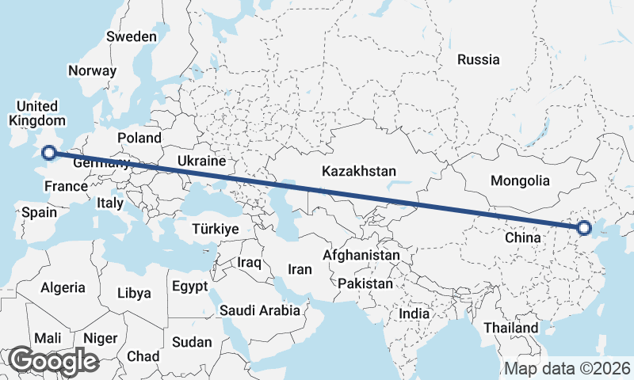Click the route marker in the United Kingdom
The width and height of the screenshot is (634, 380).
point(49,153)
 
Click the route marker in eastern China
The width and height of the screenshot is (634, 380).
point(584,228)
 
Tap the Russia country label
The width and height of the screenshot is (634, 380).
point(479,59)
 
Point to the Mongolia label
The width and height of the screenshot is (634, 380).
point(520,180)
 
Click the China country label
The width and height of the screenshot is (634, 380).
point(522,236)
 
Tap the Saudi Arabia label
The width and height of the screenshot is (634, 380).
point(260,310)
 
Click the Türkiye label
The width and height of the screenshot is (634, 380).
point(216,229)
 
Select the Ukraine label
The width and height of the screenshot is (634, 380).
point(201,161)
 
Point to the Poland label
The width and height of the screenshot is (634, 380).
point(139,138)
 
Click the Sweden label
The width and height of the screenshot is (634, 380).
point(132,36)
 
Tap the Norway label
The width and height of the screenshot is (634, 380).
point(92,70)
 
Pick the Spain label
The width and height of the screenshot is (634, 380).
point(40,212)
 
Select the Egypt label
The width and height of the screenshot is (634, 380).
point(189,286)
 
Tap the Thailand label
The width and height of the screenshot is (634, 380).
point(511,328)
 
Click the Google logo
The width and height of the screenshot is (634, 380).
point(53,361)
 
